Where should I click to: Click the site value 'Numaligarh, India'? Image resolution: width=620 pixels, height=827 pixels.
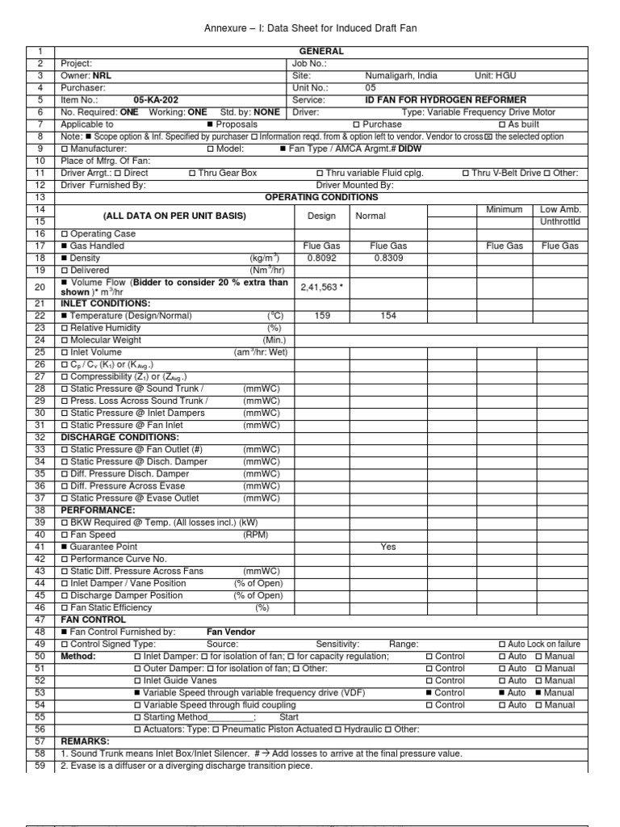coord(401,75)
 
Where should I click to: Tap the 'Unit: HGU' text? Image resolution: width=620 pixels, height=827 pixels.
coord(496,75)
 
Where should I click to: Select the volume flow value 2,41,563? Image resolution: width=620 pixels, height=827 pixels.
coord(320,287)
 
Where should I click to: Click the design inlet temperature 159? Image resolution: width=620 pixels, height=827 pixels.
coord(323,316)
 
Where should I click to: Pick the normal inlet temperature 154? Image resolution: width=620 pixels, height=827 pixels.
coord(388,316)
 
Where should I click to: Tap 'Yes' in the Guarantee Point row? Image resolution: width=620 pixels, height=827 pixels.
coord(388,547)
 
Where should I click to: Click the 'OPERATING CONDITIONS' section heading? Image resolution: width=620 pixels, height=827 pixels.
coord(310,197)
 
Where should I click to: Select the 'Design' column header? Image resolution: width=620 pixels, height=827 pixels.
coord(322,216)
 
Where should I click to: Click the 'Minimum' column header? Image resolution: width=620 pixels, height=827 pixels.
coord(505,209)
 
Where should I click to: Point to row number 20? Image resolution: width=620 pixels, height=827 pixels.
coord(40,287)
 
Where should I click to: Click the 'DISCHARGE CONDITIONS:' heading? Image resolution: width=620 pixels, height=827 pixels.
coord(109,437)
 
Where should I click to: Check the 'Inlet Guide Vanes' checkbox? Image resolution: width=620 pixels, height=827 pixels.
coord(137,681)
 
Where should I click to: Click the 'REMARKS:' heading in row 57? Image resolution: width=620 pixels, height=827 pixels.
coord(85,741)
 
